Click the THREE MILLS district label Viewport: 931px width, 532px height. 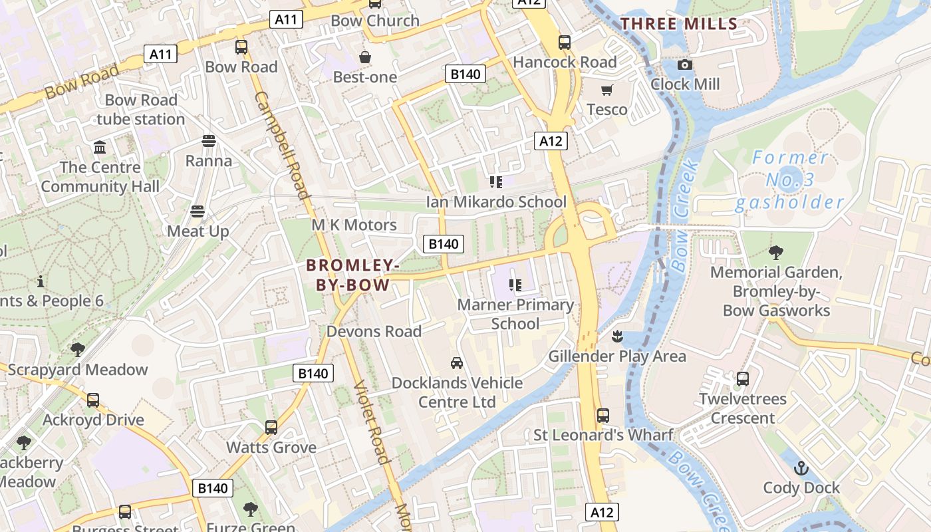679,25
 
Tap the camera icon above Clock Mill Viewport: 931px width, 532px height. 685,65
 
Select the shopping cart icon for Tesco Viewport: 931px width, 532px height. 606,90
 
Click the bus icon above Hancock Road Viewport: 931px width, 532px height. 565,43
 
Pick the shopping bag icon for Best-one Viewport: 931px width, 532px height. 364,57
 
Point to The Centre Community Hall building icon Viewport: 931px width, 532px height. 100,147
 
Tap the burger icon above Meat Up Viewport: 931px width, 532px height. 198,211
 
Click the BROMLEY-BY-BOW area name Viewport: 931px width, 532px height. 352,275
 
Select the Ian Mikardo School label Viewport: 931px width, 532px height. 496,201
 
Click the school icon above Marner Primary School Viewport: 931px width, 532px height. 515,285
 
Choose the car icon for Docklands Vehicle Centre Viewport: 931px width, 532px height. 457,363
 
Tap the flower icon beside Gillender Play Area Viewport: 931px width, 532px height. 618,336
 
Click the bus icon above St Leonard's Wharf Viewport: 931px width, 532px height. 603,416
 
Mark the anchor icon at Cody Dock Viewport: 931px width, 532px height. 801,468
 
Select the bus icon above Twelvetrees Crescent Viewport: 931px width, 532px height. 743,380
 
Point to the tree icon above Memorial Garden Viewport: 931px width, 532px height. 775,253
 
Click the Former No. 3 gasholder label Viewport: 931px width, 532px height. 789,180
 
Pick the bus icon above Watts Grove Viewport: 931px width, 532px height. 271,428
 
